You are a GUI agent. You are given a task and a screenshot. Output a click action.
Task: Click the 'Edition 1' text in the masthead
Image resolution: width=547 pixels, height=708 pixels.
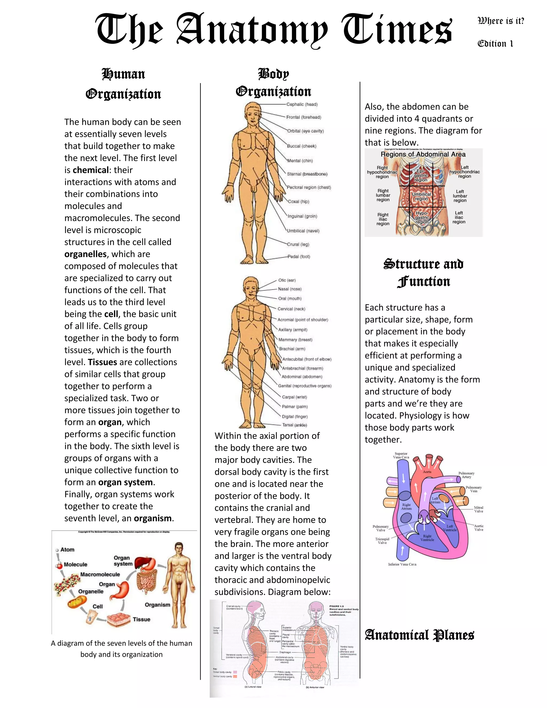point(495,44)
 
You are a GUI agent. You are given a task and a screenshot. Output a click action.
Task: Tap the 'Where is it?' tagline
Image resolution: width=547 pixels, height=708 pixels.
point(501,21)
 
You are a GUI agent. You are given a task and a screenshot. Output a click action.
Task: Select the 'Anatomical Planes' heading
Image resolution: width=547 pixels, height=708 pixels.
point(419,635)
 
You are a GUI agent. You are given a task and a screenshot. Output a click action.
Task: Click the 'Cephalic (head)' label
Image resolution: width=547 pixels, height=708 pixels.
point(302,104)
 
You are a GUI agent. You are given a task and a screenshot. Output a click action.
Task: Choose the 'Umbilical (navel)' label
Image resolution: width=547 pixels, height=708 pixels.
point(303,231)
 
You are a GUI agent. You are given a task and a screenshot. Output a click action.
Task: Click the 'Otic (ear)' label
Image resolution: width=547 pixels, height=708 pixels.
point(287,280)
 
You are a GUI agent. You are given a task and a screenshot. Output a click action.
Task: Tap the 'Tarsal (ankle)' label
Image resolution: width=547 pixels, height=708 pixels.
point(294,425)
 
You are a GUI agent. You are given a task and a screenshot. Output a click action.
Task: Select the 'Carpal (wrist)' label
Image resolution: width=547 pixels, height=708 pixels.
point(294,397)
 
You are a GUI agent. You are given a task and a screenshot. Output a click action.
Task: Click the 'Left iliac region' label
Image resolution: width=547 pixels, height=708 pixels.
point(459,217)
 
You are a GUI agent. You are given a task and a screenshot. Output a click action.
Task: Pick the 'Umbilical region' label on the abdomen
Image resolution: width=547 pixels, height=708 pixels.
point(421,196)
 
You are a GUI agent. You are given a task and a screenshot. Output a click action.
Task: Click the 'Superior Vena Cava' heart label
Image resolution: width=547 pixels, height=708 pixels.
point(401,456)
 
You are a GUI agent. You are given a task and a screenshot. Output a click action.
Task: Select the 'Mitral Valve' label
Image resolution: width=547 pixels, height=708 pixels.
point(479,509)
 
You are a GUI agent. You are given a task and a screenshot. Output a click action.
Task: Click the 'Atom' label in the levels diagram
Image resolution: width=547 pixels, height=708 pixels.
point(67,550)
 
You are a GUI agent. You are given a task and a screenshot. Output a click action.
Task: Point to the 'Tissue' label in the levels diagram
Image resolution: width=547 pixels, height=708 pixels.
point(141,619)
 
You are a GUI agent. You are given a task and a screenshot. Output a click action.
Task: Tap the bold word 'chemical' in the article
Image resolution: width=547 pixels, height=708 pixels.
point(91,170)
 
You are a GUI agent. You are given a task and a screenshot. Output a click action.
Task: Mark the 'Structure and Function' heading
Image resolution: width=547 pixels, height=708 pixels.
point(424,273)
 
